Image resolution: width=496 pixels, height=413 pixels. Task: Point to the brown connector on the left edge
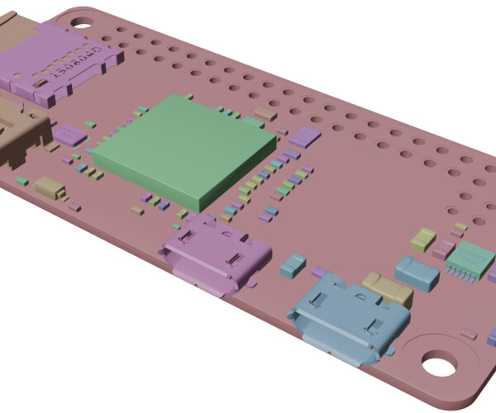[x=21, y=132]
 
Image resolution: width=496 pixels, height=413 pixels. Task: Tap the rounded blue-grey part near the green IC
[x=417, y=273]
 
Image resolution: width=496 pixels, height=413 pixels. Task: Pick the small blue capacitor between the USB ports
[x=293, y=265]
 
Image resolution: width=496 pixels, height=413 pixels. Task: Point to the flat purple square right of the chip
[x=303, y=137]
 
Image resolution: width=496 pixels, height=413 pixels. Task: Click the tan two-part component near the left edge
[x=50, y=188]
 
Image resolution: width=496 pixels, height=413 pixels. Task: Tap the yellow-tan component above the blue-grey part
[x=422, y=239]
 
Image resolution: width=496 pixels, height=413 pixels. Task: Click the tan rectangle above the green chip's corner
[x=265, y=113]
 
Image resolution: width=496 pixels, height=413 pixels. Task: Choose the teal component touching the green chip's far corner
[x=250, y=121]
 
